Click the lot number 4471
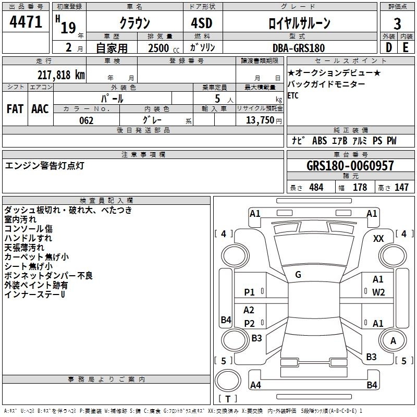(x=26, y=22)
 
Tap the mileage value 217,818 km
(x=61, y=75)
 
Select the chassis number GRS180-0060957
(x=350, y=165)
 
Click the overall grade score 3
(x=397, y=23)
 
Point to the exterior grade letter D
(x=388, y=47)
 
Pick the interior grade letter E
(x=406, y=47)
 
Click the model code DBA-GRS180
(x=299, y=48)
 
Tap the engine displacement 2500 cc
(x=164, y=48)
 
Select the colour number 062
(x=86, y=120)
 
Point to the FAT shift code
(x=15, y=109)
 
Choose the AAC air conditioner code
(x=40, y=109)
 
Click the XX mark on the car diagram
(x=378, y=239)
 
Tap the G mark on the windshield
(x=298, y=275)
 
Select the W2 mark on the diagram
(x=378, y=292)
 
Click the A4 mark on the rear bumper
(x=255, y=385)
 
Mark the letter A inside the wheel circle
(x=393, y=341)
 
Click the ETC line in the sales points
(x=293, y=95)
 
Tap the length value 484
(x=316, y=187)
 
